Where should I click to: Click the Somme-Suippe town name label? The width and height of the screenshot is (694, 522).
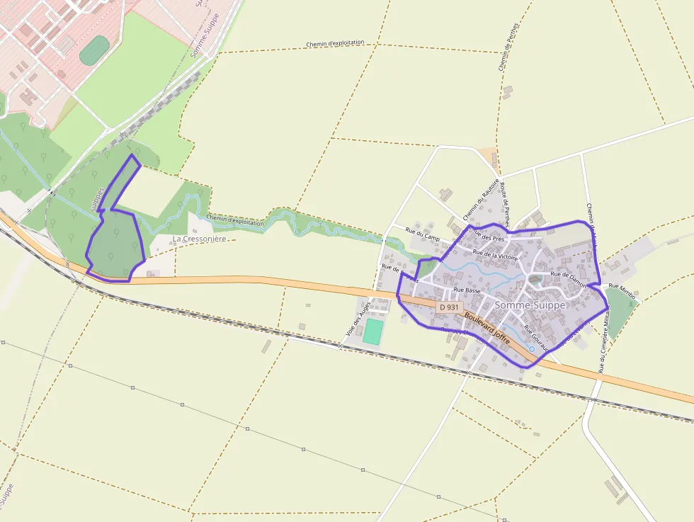[x=530, y=305]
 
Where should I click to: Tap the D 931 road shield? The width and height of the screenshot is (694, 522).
[x=448, y=308]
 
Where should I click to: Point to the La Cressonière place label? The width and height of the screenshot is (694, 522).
[x=203, y=239]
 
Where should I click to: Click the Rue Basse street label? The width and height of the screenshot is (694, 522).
[x=467, y=290]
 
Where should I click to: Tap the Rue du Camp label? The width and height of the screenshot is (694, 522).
[x=423, y=234]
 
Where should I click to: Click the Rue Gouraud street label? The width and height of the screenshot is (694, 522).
[x=536, y=338]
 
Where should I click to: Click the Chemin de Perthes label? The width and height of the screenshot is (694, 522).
[x=509, y=47]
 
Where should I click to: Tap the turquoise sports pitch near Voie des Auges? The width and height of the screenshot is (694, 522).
[x=372, y=332]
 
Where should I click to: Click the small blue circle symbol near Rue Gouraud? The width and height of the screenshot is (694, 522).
[x=532, y=349]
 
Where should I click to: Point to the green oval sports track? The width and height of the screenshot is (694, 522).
[x=94, y=50]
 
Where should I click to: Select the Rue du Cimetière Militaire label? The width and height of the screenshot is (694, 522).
[x=603, y=344]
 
